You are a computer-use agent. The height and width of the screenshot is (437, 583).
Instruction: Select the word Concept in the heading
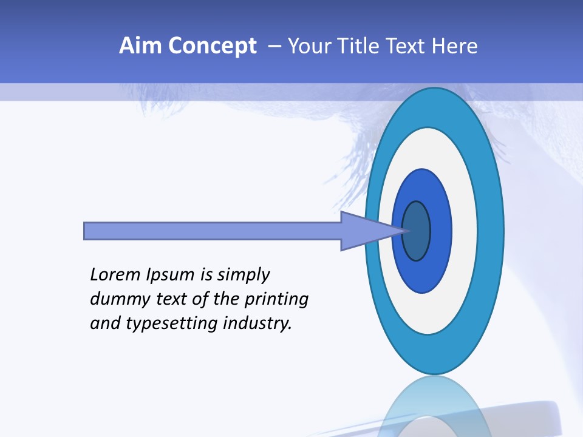click(213, 46)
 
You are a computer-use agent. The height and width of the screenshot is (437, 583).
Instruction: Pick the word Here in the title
click(455, 46)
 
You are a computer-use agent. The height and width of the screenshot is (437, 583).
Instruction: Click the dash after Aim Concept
click(274, 46)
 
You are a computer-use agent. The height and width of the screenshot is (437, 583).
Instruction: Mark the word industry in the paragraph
click(257, 324)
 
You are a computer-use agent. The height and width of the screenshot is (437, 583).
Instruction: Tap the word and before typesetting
click(106, 324)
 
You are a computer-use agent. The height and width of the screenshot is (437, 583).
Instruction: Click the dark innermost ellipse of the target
click(417, 231)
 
